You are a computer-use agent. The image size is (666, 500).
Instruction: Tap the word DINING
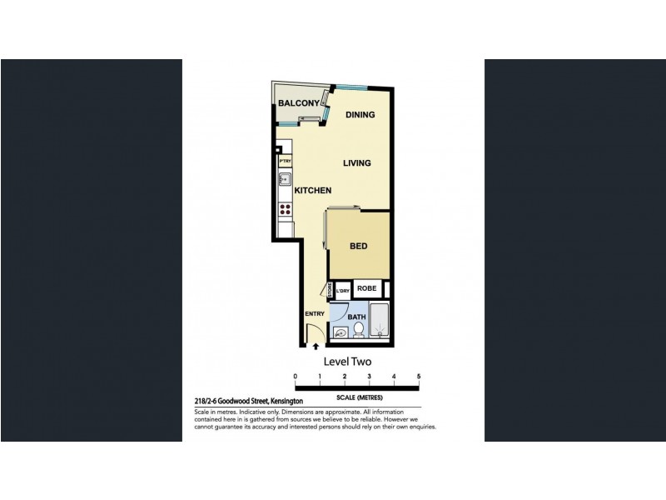(x=360, y=115)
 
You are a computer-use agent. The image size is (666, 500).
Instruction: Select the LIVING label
(x=356, y=163)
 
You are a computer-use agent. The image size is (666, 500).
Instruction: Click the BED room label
(x=360, y=247)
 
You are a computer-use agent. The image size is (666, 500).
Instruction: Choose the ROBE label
(x=367, y=289)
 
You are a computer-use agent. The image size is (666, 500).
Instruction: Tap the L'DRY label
(x=342, y=291)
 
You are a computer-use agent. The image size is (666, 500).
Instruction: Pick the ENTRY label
(x=315, y=313)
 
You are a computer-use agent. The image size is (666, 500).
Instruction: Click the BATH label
(x=356, y=317)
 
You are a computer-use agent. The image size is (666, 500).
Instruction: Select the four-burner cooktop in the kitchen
(x=285, y=210)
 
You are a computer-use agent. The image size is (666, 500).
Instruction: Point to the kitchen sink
(x=284, y=178)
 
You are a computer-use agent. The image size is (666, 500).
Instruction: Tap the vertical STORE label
(x=331, y=291)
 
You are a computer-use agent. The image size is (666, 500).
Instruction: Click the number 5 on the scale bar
(x=419, y=377)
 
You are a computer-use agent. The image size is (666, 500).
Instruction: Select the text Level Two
(x=346, y=362)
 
